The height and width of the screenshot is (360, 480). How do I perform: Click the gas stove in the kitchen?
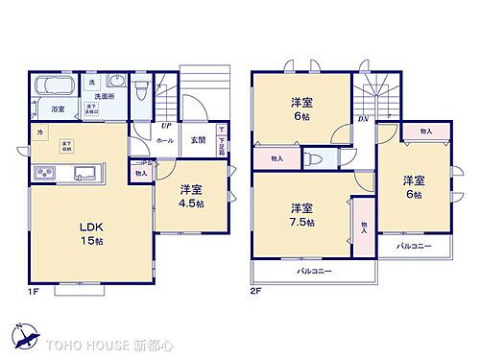point(45,174)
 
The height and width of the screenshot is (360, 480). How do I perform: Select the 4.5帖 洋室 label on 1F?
point(189,197)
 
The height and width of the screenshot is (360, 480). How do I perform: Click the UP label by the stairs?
point(167,125)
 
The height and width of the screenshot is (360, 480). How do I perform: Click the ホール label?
point(165,140)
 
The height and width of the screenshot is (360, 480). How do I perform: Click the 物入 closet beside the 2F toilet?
point(276,158)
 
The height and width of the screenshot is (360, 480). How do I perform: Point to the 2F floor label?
point(255,290)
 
